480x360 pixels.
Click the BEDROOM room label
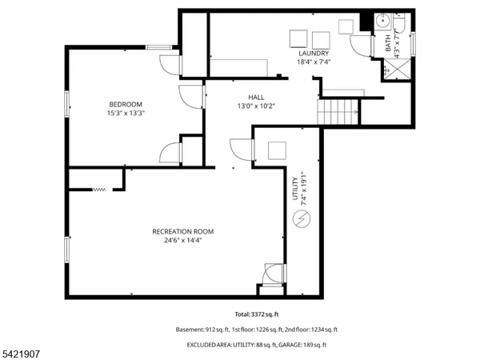tap(126, 104)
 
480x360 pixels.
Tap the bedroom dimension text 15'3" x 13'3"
tap(126, 113)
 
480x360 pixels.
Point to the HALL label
tap(256, 97)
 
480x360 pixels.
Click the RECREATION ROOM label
tap(182, 231)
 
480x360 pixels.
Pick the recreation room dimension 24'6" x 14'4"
tap(182, 240)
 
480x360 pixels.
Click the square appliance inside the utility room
tap(277, 150)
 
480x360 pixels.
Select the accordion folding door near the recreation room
tap(98, 190)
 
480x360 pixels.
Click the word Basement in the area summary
tap(190, 330)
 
